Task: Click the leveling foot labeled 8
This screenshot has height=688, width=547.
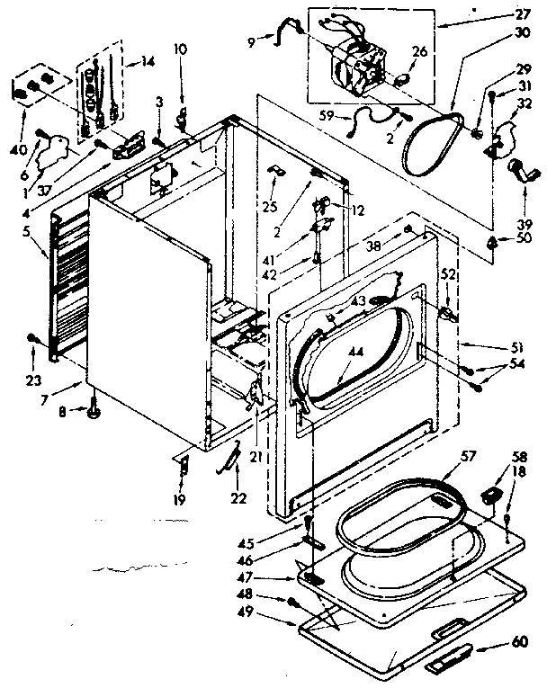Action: click(x=94, y=415)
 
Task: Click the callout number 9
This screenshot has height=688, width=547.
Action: click(x=252, y=40)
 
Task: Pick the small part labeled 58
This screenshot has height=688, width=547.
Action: click(x=490, y=492)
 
